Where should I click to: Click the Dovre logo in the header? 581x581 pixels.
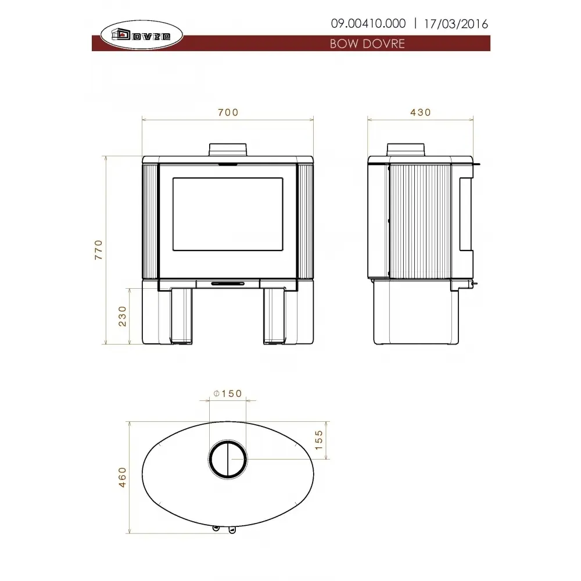click(x=142, y=35)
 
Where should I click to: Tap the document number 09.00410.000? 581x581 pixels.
click(x=368, y=24)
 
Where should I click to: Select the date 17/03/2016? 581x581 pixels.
click(x=456, y=24)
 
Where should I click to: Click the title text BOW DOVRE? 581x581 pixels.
click(x=367, y=44)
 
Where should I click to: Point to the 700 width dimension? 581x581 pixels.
click(x=228, y=112)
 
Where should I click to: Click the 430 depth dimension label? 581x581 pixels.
click(x=421, y=112)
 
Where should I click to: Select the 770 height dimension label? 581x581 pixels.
click(x=98, y=250)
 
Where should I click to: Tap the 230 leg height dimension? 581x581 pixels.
click(x=122, y=316)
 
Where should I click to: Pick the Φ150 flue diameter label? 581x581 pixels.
click(x=228, y=393)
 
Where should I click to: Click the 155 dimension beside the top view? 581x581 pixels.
click(x=318, y=440)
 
